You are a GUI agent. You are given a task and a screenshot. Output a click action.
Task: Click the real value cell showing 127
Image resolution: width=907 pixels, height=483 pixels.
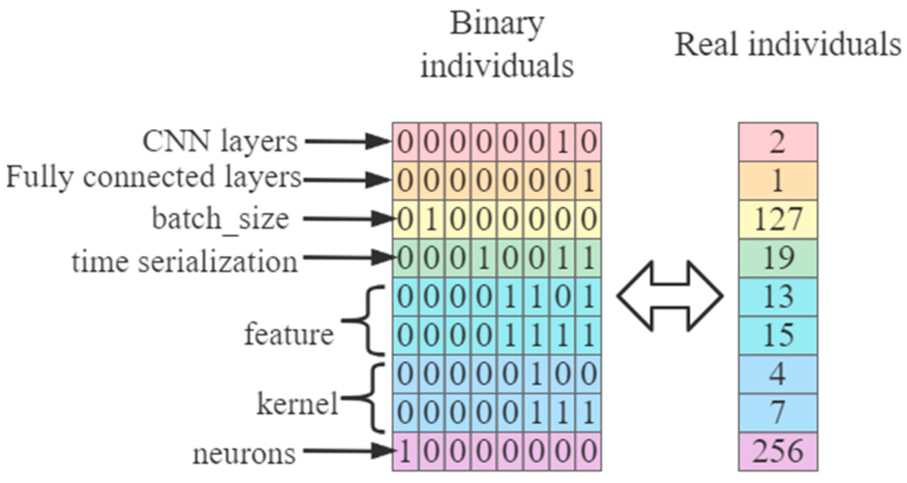coord(777,219)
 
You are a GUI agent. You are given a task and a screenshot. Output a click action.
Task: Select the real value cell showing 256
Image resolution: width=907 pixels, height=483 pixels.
coord(777,451)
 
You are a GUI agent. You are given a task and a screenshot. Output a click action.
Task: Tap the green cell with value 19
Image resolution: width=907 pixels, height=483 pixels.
coord(777,258)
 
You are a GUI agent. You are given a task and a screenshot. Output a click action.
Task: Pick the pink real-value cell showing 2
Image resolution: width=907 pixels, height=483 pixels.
coord(777,142)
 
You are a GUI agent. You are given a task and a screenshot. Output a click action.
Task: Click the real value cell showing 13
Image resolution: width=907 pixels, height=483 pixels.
coord(777,296)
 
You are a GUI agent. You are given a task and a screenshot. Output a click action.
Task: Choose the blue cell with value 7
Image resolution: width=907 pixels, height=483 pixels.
coord(777,412)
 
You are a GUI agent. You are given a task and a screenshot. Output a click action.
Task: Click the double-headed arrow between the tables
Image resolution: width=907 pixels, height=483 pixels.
coord(670,296)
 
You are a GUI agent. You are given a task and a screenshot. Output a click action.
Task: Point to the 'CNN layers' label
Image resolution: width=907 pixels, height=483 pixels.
coord(220,141)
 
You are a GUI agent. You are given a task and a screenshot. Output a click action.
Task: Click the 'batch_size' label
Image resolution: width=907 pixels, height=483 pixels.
coord(220,219)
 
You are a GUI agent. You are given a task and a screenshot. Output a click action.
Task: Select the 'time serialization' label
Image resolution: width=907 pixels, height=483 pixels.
coord(185,262)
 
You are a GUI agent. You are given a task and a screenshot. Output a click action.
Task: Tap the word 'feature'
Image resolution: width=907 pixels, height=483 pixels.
coord(288,334)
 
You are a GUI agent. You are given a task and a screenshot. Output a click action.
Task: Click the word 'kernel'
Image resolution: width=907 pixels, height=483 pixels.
coord(297,404)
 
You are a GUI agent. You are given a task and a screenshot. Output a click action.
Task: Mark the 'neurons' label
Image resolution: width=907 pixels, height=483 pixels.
coord(244,454)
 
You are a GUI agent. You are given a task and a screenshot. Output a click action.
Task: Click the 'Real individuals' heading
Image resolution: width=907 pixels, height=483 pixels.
coord(787,45)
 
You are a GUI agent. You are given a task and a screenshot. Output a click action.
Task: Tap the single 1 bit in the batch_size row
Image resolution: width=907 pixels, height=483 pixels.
coord(431,220)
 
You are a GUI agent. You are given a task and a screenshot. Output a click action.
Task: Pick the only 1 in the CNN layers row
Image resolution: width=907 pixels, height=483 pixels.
coord(562,142)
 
